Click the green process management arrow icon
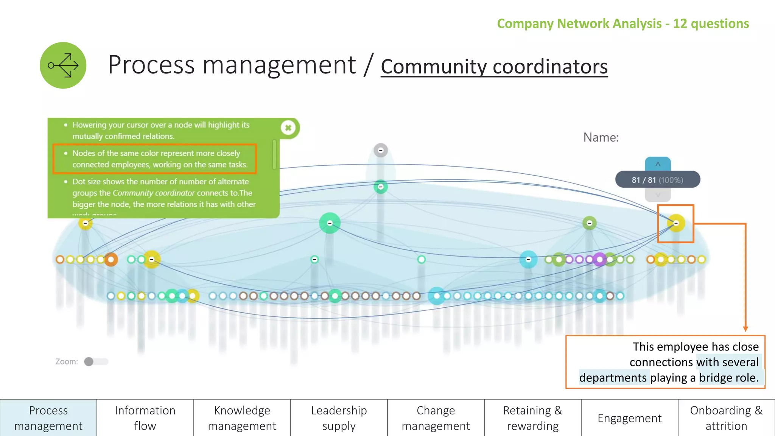[x=63, y=65]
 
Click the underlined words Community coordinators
[x=494, y=67]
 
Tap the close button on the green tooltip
[x=288, y=128]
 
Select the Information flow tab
[x=145, y=418]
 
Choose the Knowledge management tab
[x=242, y=418]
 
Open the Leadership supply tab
[x=339, y=418]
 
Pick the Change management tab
[x=436, y=418]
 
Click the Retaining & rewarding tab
[x=533, y=418]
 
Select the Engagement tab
[x=630, y=418]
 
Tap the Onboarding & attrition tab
[x=727, y=418]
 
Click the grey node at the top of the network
[x=381, y=150]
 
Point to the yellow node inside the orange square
[x=676, y=223]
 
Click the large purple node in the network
[x=599, y=260]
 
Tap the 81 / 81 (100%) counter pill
[x=658, y=180]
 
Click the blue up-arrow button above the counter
[x=658, y=164]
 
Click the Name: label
[x=601, y=137]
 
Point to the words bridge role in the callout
[x=729, y=378]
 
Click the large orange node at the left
[x=110, y=260]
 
